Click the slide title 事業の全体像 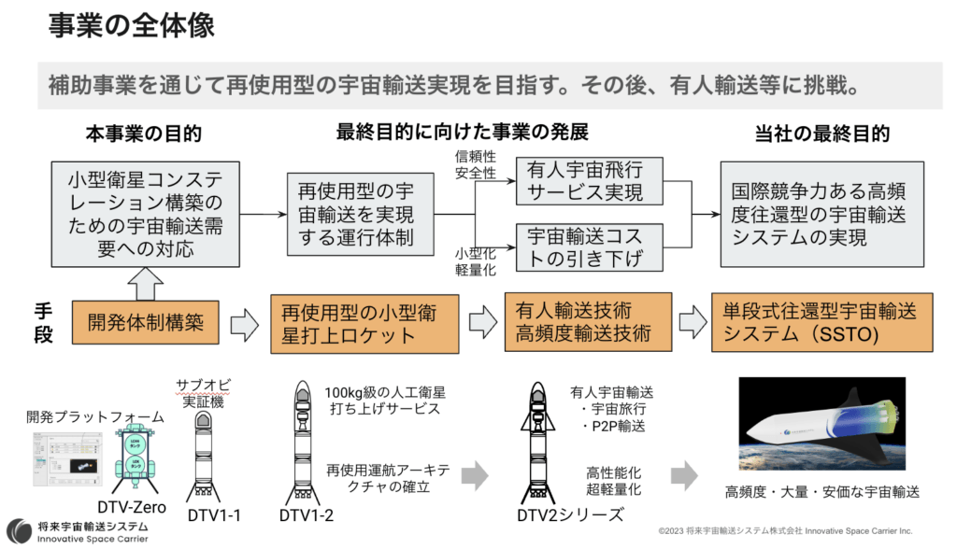click(x=131, y=25)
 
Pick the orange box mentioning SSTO click(x=812, y=323)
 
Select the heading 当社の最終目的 click(x=821, y=134)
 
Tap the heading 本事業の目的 click(x=144, y=134)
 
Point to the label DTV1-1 click(x=209, y=515)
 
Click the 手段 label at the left click(x=44, y=323)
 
